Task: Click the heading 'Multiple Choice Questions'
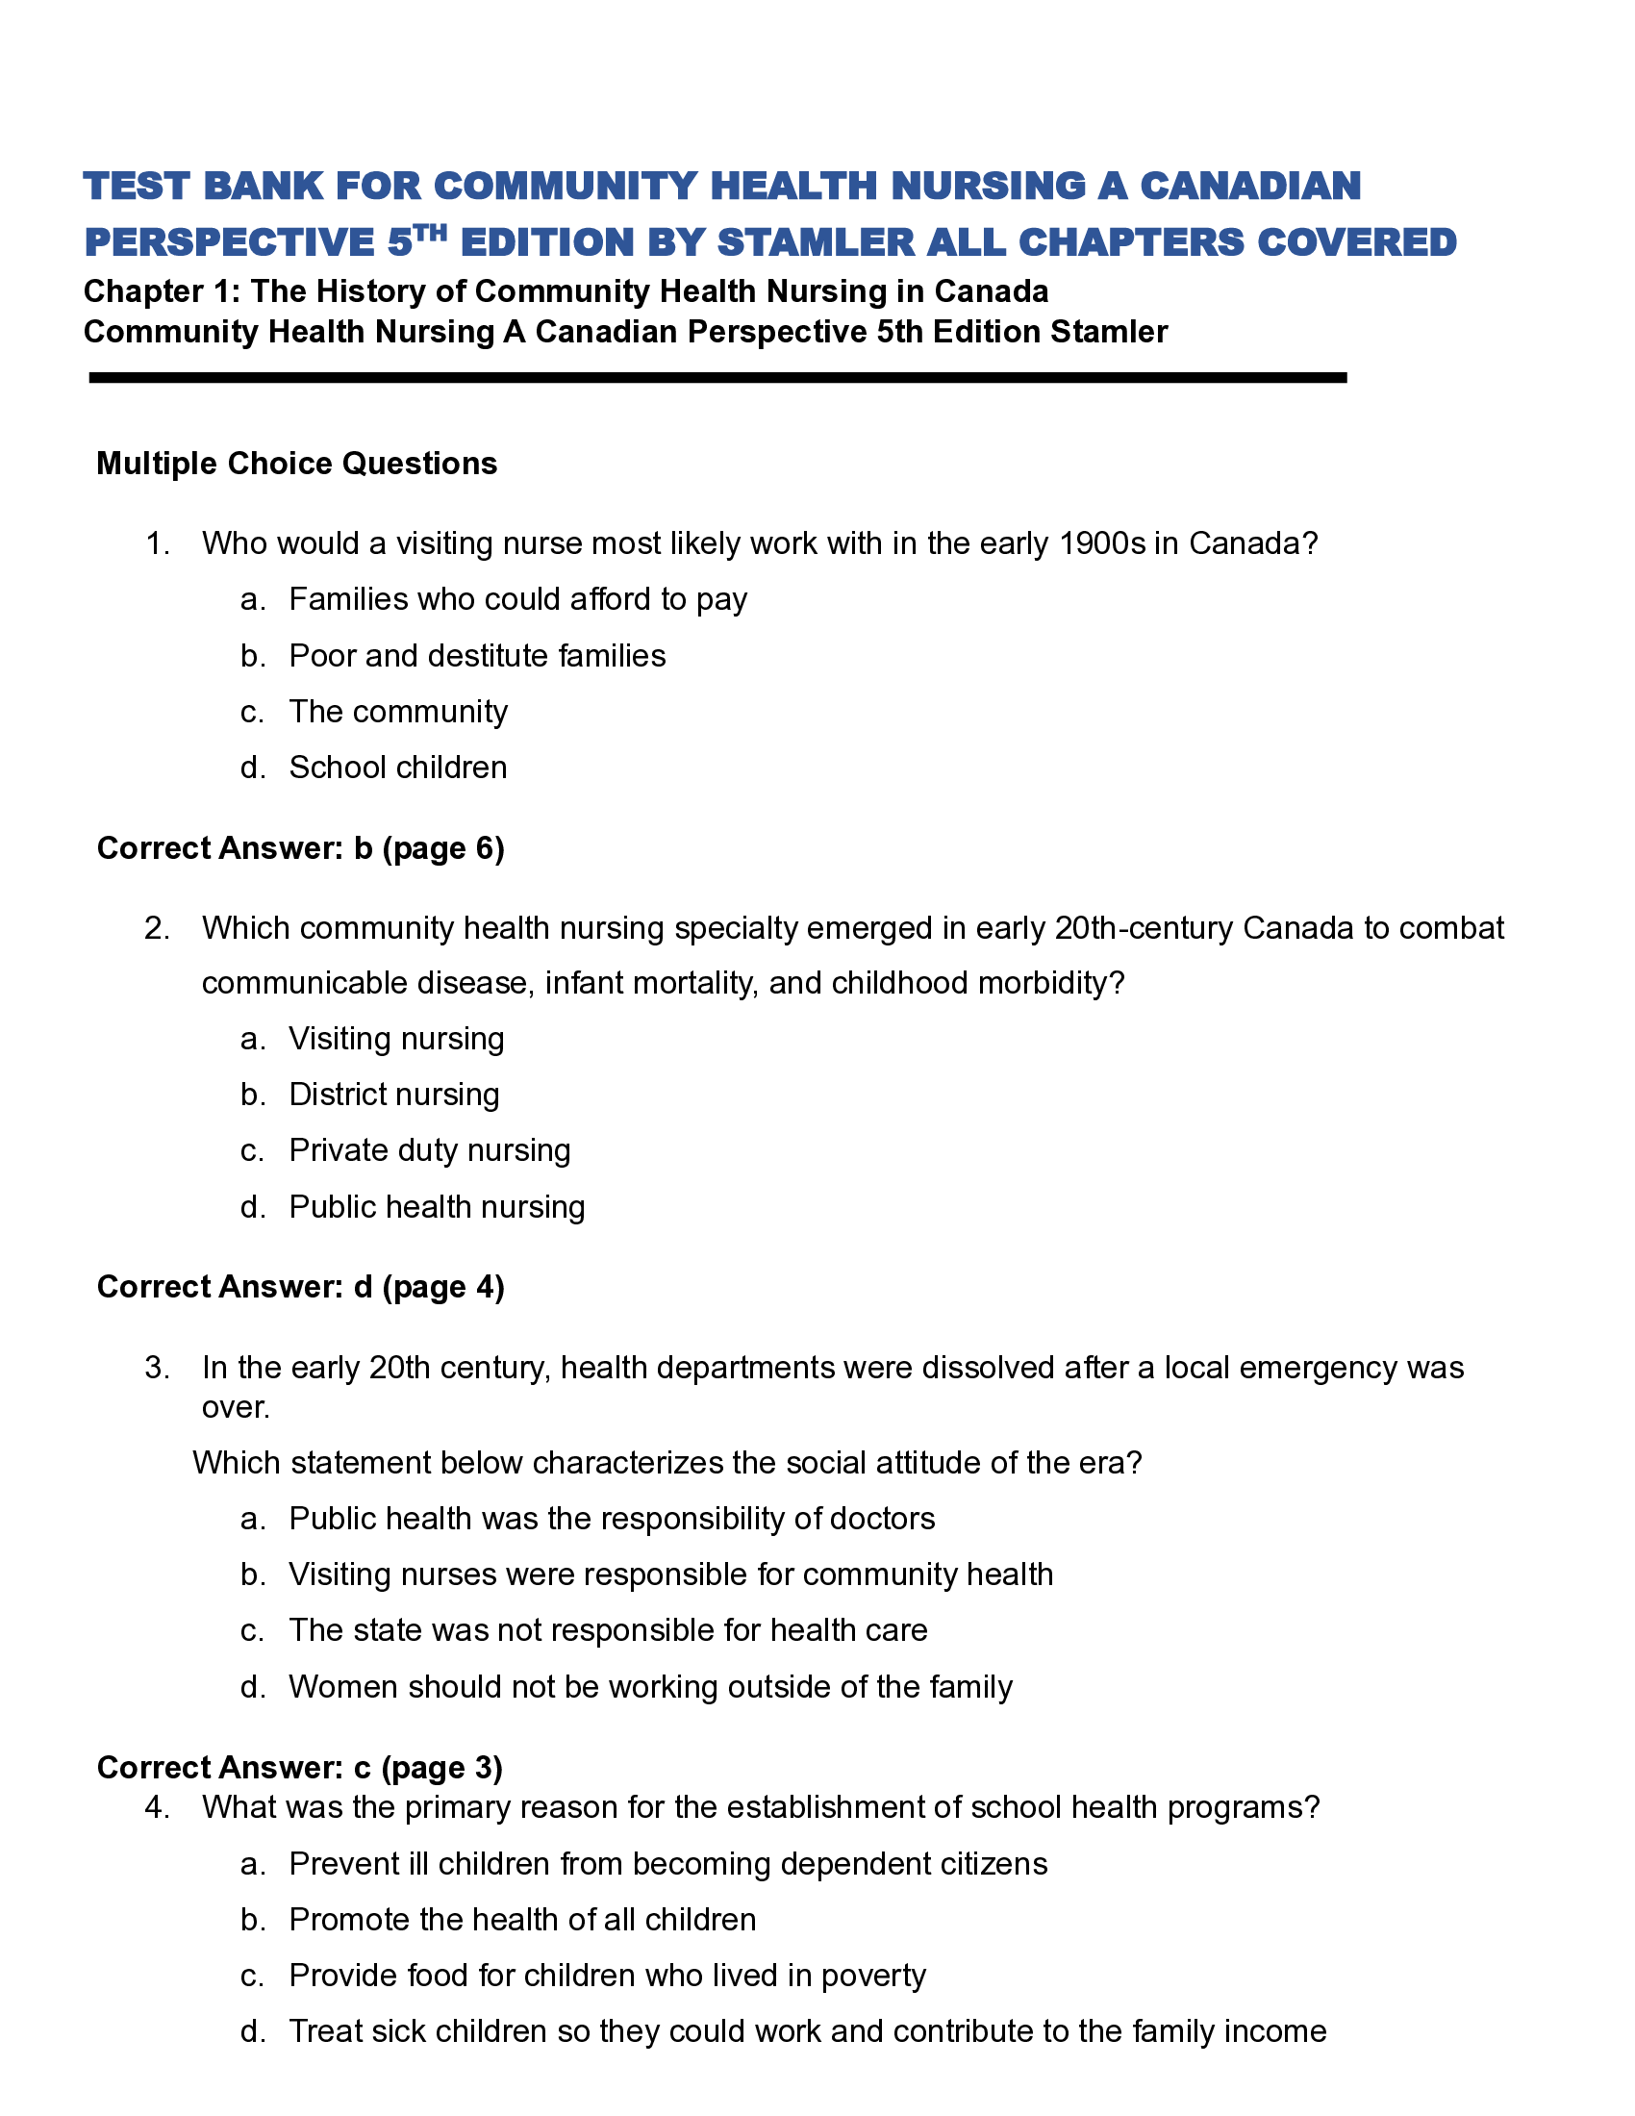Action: click(296, 465)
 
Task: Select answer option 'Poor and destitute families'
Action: click(476, 656)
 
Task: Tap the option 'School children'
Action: click(397, 768)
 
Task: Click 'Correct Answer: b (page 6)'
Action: click(300, 848)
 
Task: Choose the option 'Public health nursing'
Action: click(437, 1207)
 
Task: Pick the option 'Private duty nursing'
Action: click(429, 1151)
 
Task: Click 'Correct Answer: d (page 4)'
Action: click(300, 1288)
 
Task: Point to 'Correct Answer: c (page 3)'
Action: click(299, 1768)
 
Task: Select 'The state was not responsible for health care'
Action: click(607, 1630)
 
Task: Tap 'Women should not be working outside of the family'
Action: click(650, 1687)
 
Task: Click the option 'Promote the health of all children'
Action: click(522, 1921)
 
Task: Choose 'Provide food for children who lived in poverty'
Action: click(607, 1976)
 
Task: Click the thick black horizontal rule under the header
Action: click(717, 378)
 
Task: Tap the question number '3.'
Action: click(158, 1368)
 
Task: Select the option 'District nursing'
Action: click(394, 1095)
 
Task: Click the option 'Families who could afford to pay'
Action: click(517, 600)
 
